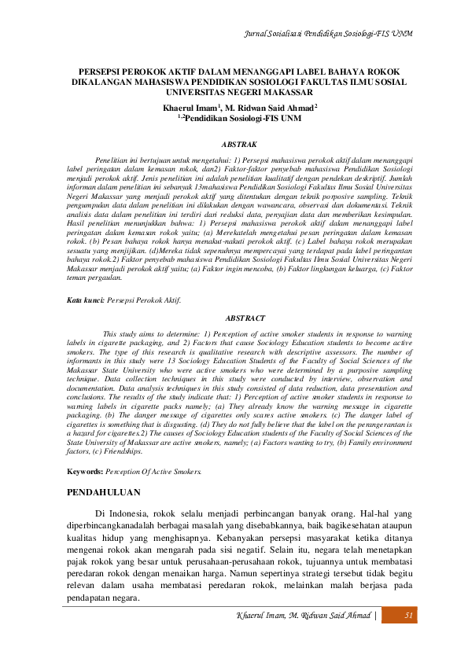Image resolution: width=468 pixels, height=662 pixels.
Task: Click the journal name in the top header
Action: (x=330, y=35)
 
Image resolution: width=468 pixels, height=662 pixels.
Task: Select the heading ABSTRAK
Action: (x=238, y=145)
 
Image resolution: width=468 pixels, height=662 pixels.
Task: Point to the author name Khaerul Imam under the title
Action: (x=190, y=106)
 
